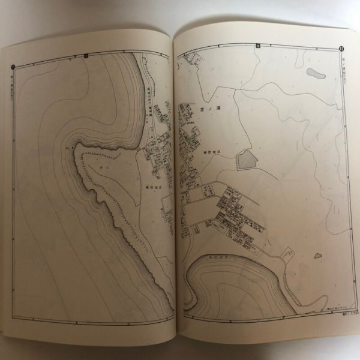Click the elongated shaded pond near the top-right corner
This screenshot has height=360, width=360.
(313, 74)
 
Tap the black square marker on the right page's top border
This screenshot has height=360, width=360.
(258, 46)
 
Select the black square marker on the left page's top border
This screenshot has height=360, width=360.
(87, 55)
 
